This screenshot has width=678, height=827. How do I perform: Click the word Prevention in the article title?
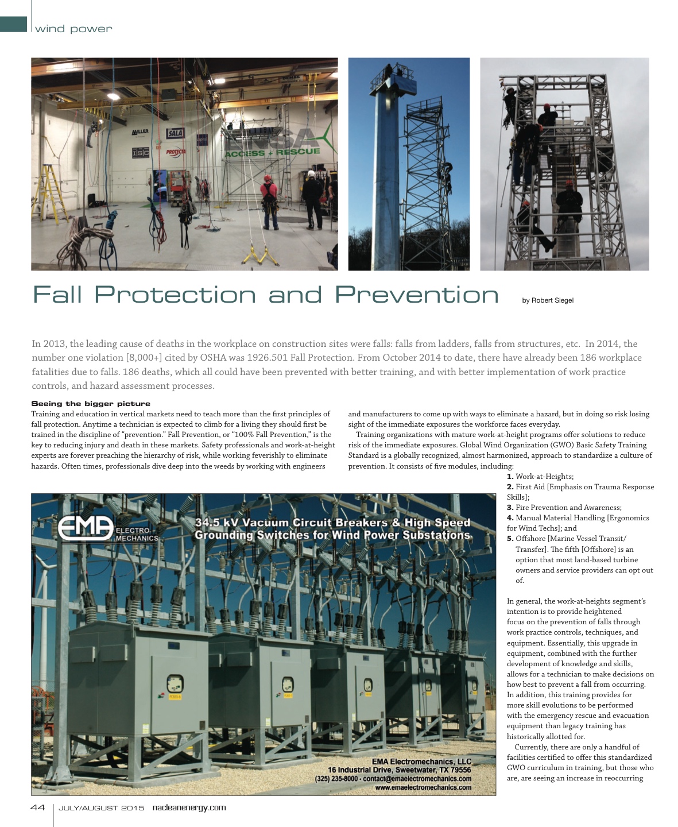click(416, 295)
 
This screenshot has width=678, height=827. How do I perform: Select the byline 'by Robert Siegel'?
click(547, 300)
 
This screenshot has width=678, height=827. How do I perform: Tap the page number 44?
click(37, 807)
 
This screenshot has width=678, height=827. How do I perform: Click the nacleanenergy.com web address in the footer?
click(189, 807)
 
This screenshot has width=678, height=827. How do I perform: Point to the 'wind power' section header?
click(73, 29)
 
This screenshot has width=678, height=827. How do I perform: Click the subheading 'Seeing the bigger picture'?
click(91, 404)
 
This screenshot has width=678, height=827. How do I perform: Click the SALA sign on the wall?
click(175, 133)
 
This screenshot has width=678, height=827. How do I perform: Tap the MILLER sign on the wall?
click(140, 132)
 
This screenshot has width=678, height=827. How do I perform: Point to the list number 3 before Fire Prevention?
click(510, 508)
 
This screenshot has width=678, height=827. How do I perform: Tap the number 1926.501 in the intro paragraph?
click(271, 358)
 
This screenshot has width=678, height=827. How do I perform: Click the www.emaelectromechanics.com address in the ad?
click(423, 787)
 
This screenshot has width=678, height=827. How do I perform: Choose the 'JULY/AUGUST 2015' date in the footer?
click(102, 808)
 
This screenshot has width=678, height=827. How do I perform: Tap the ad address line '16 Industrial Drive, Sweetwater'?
click(399, 770)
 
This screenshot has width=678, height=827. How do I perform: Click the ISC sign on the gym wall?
click(140, 153)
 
